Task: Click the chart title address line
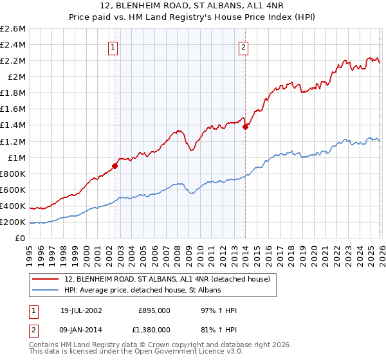click(x=193, y=6)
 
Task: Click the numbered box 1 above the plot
click(x=113, y=46)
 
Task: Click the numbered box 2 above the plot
click(x=244, y=46)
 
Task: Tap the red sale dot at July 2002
click(x=115, y=166)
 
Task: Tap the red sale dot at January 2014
click(x=245, y=127)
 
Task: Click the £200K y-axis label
click(x=14, y=222)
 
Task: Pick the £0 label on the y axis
click(x=21, y=238)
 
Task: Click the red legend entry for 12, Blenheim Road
click(x=170, y=279)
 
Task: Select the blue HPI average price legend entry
click(x=142, y=291)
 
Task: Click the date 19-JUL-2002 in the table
click(x=78, y=310)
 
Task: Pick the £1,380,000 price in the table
click(x=154, y=329)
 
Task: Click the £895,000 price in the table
click(x=154, y=310)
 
